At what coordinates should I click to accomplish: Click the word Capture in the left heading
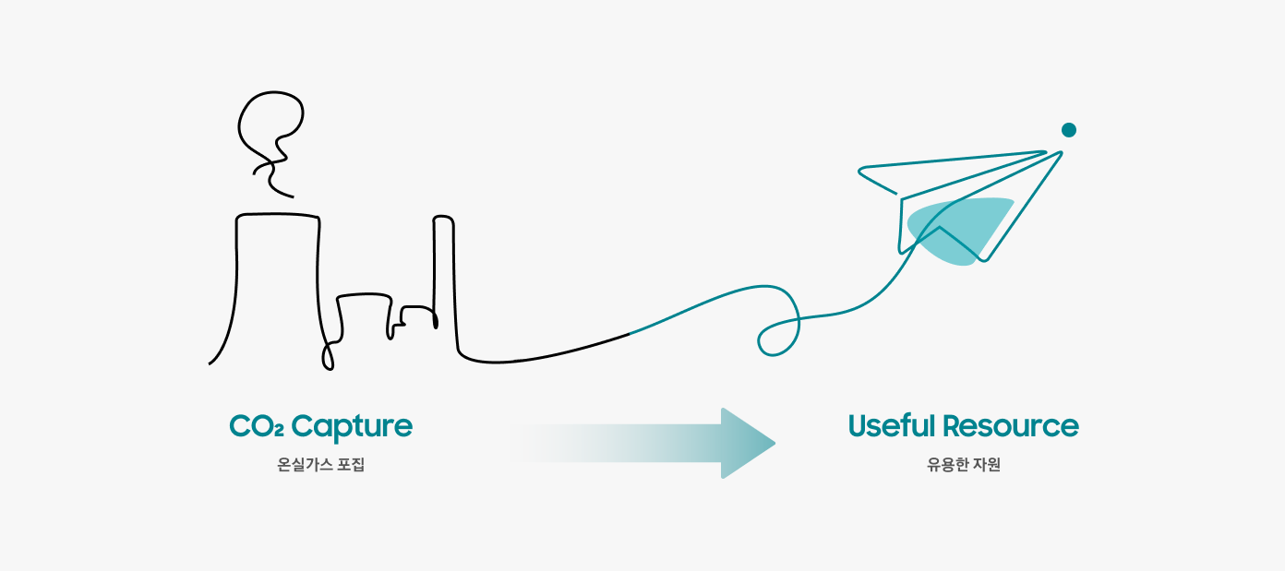coord(352,427)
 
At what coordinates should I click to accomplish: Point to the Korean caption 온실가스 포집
coord(321,465)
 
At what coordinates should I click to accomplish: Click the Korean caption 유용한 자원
coord(964,465)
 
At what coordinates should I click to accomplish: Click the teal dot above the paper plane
coord(1069,130)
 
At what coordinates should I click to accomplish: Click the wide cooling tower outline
coord(277,277)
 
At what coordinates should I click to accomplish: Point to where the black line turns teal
coord(630,332)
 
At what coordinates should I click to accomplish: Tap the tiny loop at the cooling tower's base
coord(328,357)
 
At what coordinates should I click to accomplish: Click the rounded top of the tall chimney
coord(444,219)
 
